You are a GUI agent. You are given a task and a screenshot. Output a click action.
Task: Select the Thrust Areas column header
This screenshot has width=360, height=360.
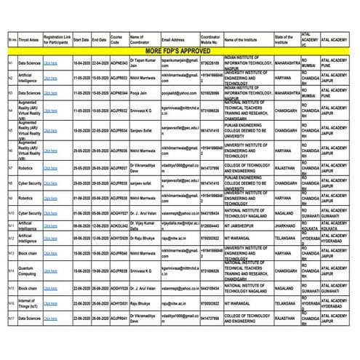point(29,40)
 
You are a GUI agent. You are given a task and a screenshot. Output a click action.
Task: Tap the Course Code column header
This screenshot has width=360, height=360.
point(116,40)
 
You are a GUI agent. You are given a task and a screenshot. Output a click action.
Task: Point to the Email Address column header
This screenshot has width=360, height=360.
point(172,40)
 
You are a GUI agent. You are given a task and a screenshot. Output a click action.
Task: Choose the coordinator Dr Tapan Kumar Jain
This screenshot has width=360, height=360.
point(143,64)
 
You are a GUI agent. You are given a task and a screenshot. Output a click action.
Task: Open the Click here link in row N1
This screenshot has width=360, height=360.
point(50,64)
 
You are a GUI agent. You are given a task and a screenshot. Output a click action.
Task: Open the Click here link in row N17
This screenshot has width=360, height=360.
point(50,318)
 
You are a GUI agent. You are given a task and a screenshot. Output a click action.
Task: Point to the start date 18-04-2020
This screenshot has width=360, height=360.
point(81,64)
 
